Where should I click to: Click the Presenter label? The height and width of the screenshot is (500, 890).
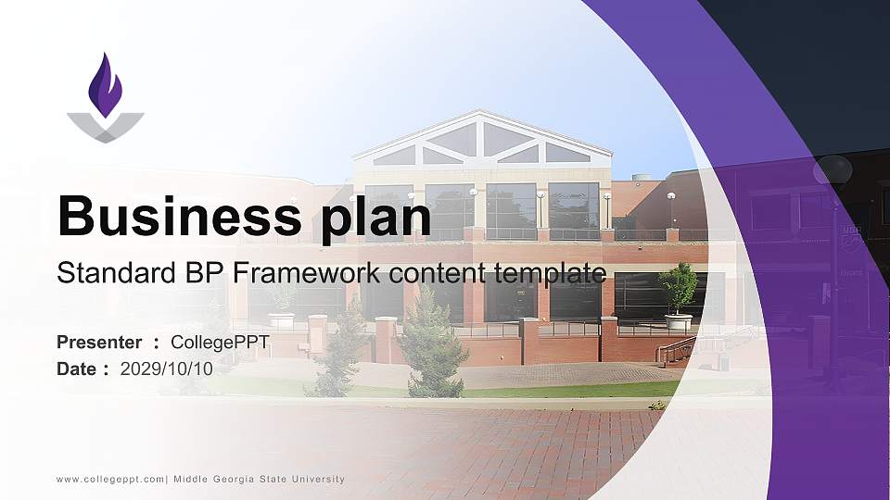pyautogui.click(x=99, y=343)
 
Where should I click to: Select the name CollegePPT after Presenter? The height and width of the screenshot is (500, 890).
pyautogui.click(x=220, y=343)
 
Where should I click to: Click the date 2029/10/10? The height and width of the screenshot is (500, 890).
pyautogui.click(x=167, y=369)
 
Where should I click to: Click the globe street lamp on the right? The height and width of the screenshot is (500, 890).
pyautogui.click(x=832, y=170)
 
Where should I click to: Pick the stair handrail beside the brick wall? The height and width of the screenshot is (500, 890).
pyautogui.click(x=675, y=350)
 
